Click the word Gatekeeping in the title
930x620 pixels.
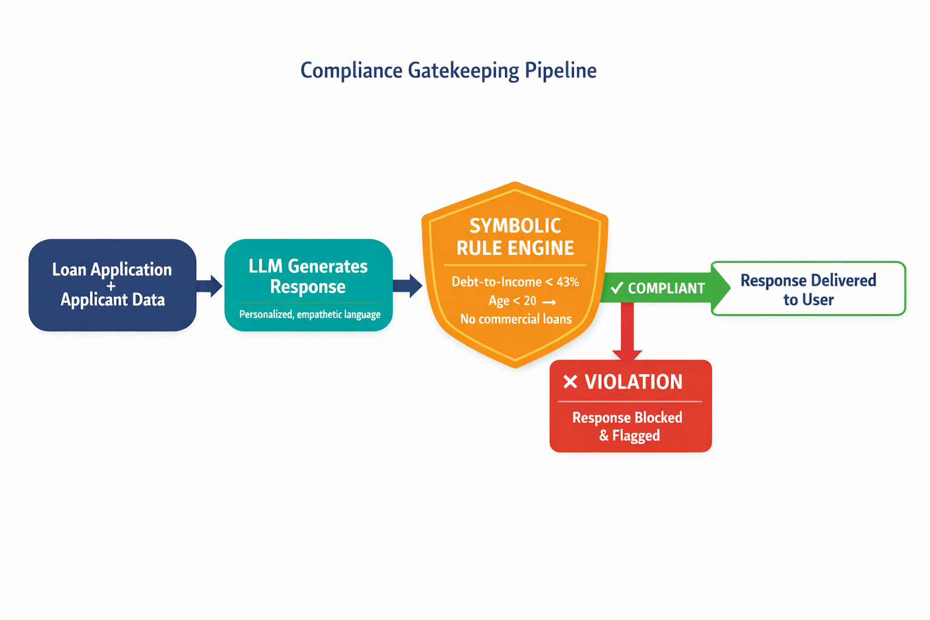pos(463,71)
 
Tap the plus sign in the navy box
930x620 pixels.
pos(111,285)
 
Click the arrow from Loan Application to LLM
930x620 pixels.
pos(209,285)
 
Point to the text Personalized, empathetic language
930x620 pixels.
pos(309,314)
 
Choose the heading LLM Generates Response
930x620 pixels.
pos(308,276)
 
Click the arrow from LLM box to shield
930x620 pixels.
pos(408,286)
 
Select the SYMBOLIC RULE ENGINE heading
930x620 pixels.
pos(515,237)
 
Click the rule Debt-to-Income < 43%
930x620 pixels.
pos(515,282)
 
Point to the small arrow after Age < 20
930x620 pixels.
pos(549,302)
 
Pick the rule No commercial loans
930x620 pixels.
pos(515,319)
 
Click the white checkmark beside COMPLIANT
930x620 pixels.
pos(617,288)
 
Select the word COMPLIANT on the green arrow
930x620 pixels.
pos(666,288)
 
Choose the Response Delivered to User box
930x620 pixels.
pos(808,289)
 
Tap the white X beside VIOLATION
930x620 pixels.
pos(570,382)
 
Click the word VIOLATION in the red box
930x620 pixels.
pos(633,382)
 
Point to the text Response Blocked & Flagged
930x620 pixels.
pos(627,426)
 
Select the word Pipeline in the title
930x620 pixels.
pos(561,71)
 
